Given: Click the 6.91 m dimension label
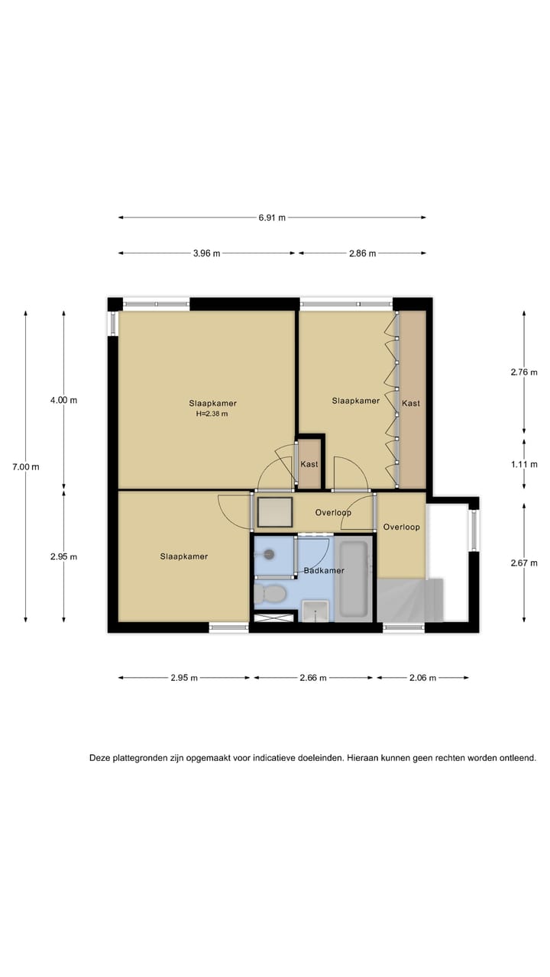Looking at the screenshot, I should coord(272,218).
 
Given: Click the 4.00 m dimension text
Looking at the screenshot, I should coord(63,400).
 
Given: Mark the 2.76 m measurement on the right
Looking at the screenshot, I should coord(524,373).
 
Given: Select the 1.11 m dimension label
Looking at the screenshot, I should coord(524,463).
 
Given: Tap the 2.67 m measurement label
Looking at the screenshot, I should coord(524,563).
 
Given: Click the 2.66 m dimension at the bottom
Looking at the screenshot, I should coord(313,677).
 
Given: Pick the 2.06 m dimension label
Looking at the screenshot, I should coord(422,677).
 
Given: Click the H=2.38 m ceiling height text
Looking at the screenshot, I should coord(212,414).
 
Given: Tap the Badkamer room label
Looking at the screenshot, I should coord(324,570).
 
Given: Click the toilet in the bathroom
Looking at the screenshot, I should coord(270,593).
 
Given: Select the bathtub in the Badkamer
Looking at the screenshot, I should coord(354,579).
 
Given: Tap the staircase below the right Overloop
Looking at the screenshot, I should coord(410,600).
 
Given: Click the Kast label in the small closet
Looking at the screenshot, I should coord(309,464).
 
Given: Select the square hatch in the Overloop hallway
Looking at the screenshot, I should coord(274,511).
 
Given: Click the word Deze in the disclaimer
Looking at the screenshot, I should coord(101,759).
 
